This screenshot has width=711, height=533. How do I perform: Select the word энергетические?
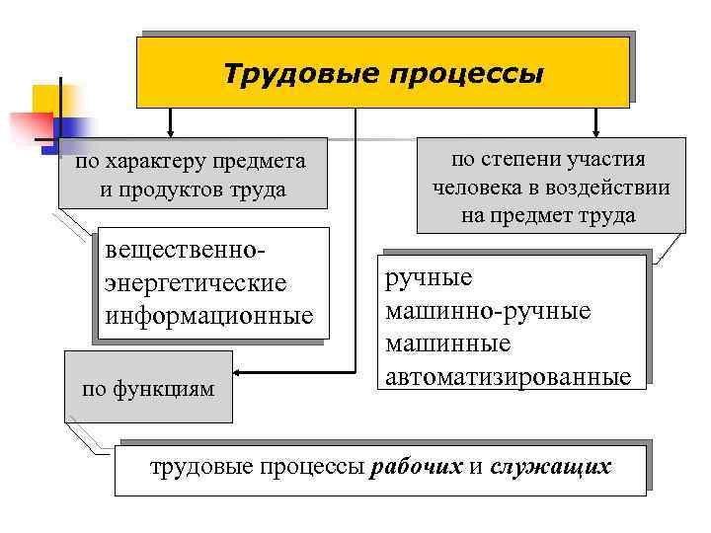click(195, 283)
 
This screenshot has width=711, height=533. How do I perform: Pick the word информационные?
click(207, 316)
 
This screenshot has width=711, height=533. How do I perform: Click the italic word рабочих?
click(416, 466)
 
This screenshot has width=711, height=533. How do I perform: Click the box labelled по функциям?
click(148, 388)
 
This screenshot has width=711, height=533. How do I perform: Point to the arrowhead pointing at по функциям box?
click(242, 374)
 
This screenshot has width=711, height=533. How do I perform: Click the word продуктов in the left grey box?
click(185, 190)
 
